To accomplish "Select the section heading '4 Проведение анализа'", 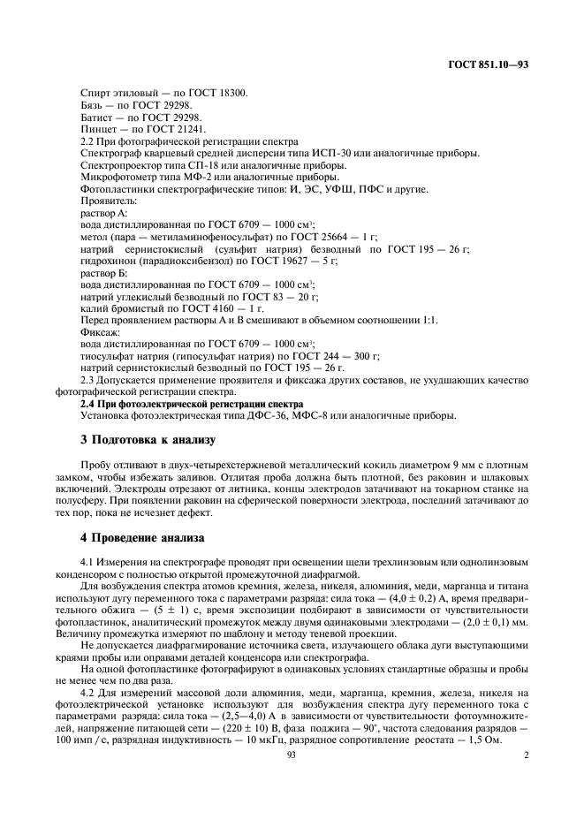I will click(142, 536).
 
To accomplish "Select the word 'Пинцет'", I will click(97, 129).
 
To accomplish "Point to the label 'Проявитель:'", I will click(108, 201).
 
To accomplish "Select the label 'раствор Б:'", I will click(104, 274).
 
